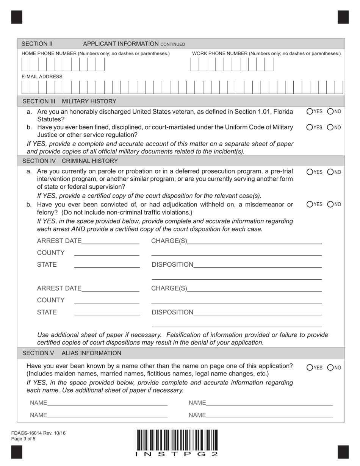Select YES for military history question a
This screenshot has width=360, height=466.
310,111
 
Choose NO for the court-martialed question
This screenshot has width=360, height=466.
330,127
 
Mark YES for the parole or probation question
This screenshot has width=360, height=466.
310,172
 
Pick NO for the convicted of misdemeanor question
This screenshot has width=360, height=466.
330,205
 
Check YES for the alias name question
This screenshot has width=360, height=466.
310,367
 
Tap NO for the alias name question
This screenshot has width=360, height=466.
330,367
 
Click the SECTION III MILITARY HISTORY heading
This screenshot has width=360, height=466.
69,101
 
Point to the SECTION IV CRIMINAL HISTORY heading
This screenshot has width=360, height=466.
70,161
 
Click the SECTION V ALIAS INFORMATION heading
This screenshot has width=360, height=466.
72,353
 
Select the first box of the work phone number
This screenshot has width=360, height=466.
194,65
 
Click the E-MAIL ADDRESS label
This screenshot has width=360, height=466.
42,77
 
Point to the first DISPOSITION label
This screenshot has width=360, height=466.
172,264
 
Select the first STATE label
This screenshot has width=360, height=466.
47,264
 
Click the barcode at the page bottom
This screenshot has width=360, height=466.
176,440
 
